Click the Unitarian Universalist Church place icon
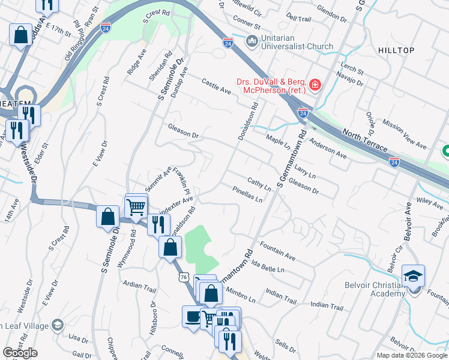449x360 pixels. [252, 41]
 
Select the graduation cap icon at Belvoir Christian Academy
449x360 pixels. [413, 277]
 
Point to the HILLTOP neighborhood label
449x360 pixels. [396, 50]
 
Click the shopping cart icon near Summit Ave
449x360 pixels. [136, 207]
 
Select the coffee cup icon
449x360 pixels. [193, 317]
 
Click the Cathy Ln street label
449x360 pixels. [259, 184]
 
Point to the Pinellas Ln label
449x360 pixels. [247, 194]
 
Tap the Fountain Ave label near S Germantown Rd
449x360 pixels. [277, 251]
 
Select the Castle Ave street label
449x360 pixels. [216, 86]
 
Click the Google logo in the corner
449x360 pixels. [20, 353]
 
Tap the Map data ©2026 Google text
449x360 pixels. [411, 355]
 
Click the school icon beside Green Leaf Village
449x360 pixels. [58, 325]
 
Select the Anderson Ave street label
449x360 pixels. [328, 148]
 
